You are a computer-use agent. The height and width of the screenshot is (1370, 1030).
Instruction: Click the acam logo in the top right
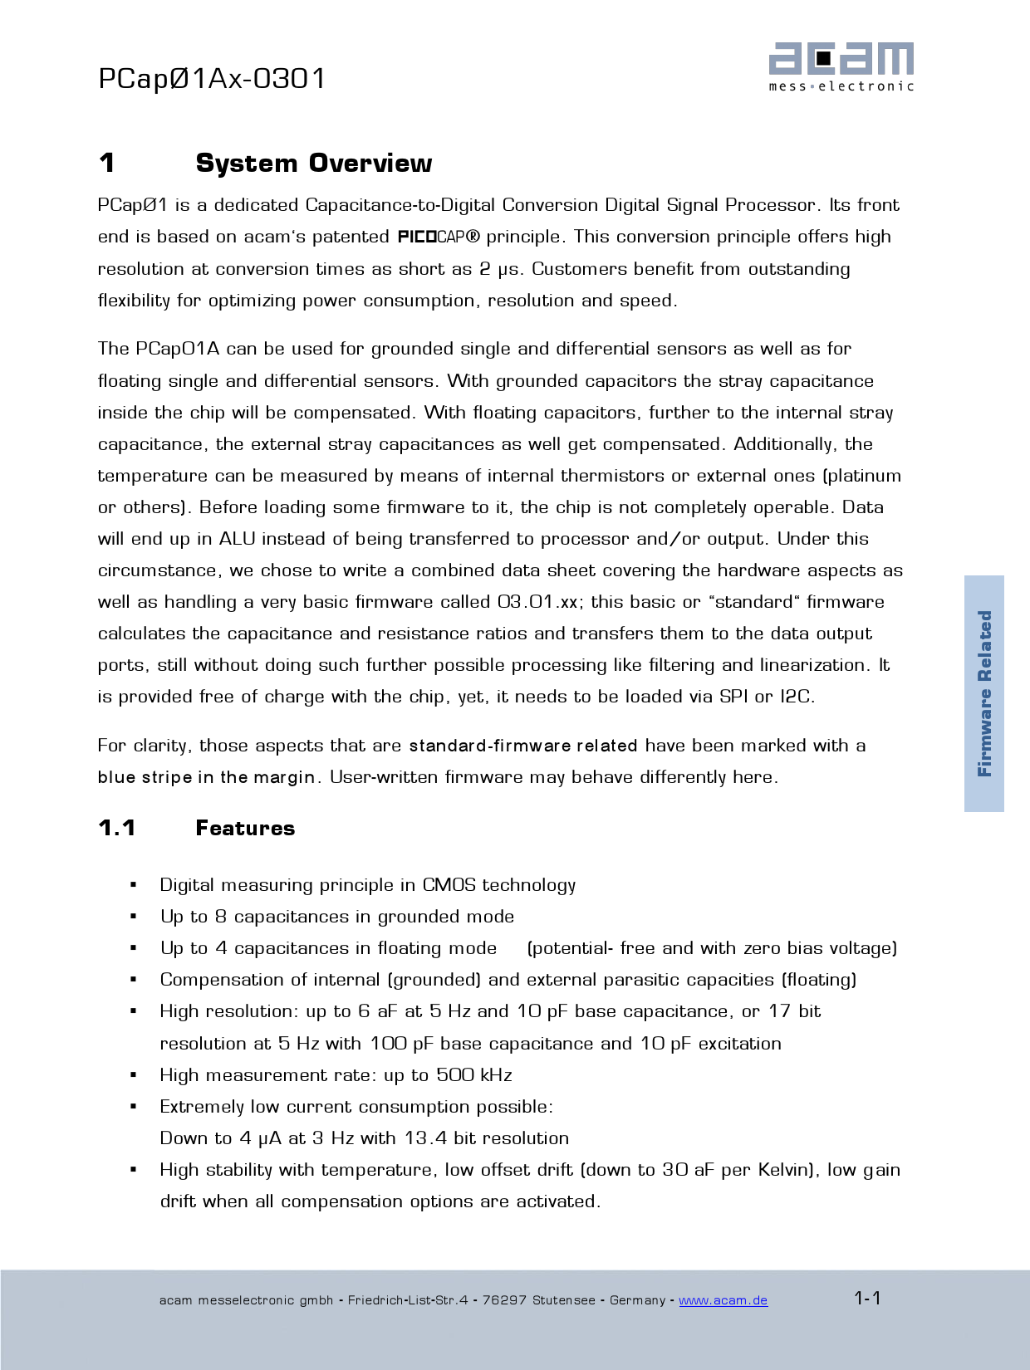coord(841,59)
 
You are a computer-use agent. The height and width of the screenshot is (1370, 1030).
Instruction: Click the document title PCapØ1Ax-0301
coord(212,79)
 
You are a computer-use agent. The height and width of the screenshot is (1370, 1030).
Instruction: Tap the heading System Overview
coord(313,164)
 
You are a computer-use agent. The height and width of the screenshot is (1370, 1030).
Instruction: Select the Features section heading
coord(245,828)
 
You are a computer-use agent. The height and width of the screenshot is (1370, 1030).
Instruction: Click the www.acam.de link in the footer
coord(723,1300)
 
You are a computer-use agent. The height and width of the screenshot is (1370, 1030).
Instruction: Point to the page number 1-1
coord(867,1298)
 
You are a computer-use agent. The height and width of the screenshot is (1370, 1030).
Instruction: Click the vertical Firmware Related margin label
coord(984,693)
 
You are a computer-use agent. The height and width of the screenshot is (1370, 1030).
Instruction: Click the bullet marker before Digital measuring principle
coord(133,886)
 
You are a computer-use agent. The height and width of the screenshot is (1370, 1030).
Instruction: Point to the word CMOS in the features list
coord(449,885)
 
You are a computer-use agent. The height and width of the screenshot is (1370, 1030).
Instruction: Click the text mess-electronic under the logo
coord(841,86)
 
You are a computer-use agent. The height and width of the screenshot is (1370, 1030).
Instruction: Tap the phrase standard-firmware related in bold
coord(523,746)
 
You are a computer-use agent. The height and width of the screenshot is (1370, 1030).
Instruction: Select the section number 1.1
coord(116,828)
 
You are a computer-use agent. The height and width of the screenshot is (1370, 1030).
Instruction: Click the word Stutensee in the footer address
coord(563,1300)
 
